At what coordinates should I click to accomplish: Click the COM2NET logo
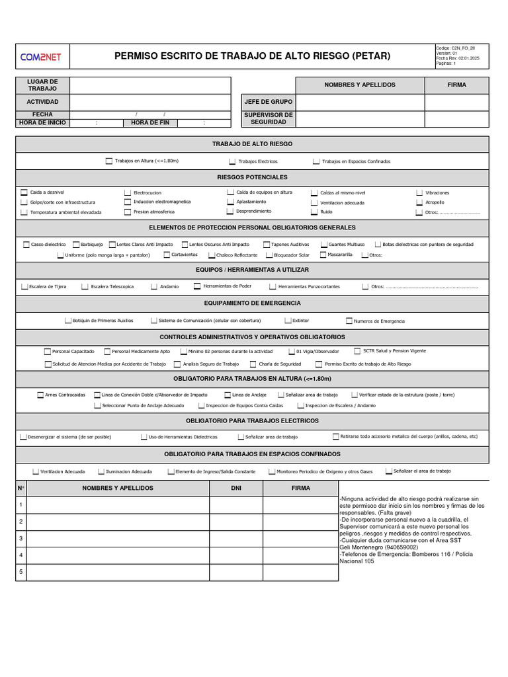(x=42, y=57)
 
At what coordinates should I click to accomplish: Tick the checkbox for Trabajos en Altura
(x=109, y=161)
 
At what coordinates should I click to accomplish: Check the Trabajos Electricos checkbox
(x=232, y=161)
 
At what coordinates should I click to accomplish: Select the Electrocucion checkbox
(x=128, y=192)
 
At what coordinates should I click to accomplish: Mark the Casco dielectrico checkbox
(x=26, y=245)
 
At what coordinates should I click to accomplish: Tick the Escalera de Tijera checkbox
(x=24, y=287)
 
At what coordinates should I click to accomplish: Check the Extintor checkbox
(x=288, y=321)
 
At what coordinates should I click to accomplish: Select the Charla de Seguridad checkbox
(x=253, y=364)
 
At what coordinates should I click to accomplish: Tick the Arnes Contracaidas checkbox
(x=40, y=395)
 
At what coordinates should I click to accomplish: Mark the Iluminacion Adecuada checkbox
(x=101, y=471)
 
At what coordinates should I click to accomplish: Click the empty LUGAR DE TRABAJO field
(x=150, y=85)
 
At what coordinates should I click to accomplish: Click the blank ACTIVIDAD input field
(x=150, y=102)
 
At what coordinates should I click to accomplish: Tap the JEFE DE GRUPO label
(x=268, y=102)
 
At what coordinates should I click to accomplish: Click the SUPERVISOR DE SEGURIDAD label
(x=268, y=118)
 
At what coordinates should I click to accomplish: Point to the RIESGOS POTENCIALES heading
(x=252, y=177)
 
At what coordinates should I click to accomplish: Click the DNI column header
(x=236, y=488)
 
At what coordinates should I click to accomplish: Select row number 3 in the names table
(x=21, y=538)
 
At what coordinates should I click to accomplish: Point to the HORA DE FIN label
(x=150, y=122)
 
